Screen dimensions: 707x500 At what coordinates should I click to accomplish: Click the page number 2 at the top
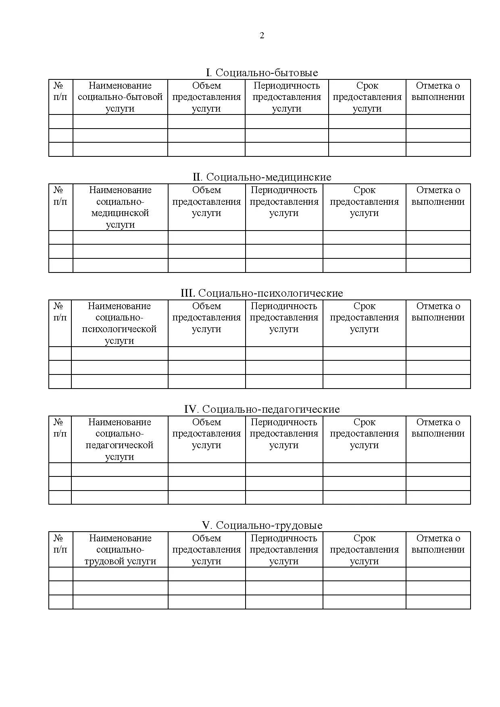[x=262, y=36]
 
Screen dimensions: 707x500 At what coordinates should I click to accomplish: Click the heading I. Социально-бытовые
[x=262, y=73]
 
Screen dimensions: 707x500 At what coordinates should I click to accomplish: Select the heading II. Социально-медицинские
[x=262, y=177]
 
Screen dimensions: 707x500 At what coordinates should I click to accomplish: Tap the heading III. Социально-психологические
[x=262, y=293]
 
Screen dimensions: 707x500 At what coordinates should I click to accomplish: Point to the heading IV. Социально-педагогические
[x=262, y=410]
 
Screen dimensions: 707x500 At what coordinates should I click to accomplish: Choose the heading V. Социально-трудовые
[x=262, y=526]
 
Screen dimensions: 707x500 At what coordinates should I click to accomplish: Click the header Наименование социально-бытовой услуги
[x=120, y=97]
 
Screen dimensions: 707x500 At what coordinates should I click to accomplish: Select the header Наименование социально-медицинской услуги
[x=120, y=207]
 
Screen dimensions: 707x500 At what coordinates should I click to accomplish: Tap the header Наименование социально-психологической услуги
[x=119, y=323]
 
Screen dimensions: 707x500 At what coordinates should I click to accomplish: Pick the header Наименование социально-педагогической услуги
[x=119, y=439]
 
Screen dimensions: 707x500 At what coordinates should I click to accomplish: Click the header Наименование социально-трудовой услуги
[x=120, y=550]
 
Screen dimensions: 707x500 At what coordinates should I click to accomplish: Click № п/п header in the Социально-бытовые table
[x=60, y=91]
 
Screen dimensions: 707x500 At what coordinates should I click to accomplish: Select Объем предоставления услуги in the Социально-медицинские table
[x=206, y=202]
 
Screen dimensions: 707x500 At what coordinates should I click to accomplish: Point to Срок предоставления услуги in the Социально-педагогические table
[x=364, y=434]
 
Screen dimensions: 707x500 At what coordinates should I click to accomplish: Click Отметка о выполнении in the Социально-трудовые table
[x=438, y=544]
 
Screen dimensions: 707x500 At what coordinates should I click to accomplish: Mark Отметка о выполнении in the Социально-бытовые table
[x=438, y=91]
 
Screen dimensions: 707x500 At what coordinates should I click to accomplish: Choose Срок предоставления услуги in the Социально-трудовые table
[x=364, y=550]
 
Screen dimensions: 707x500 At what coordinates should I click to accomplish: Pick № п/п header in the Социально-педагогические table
[x=60, y=428]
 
